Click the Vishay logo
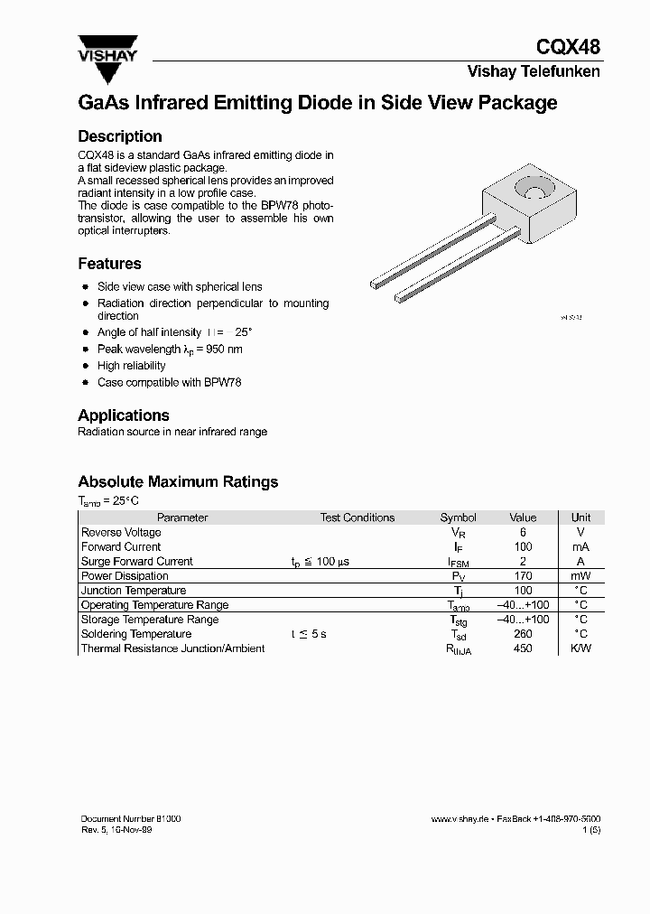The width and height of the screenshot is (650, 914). [x=107, y=51]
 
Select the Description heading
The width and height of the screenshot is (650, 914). [x=120, y=136]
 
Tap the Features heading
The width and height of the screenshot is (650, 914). [x=109, y=264]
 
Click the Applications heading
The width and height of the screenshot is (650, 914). [x=124, y=415]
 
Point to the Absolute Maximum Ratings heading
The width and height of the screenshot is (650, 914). [x=178, y=481]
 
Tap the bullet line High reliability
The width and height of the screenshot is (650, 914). [x=131, y=366]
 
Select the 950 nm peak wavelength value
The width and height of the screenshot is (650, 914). [x=225, y=350]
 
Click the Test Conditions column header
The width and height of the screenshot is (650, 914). [x=357, y=518]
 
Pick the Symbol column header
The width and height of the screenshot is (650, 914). [x=458, y=518]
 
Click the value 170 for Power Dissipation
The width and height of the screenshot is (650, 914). [x=523, y=576]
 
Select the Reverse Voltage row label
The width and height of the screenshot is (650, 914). [x=121, y=533]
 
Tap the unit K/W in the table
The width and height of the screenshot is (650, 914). [x=580, y=648]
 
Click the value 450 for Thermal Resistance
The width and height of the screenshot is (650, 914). [x=523, y=648]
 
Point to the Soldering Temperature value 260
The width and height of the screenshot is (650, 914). [x=523, y=634]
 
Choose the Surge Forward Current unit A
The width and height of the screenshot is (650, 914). [x=580, y=562]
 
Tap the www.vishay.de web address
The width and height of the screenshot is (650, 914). [x=460, y=818]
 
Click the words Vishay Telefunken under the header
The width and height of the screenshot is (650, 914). [x=533, y=71]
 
